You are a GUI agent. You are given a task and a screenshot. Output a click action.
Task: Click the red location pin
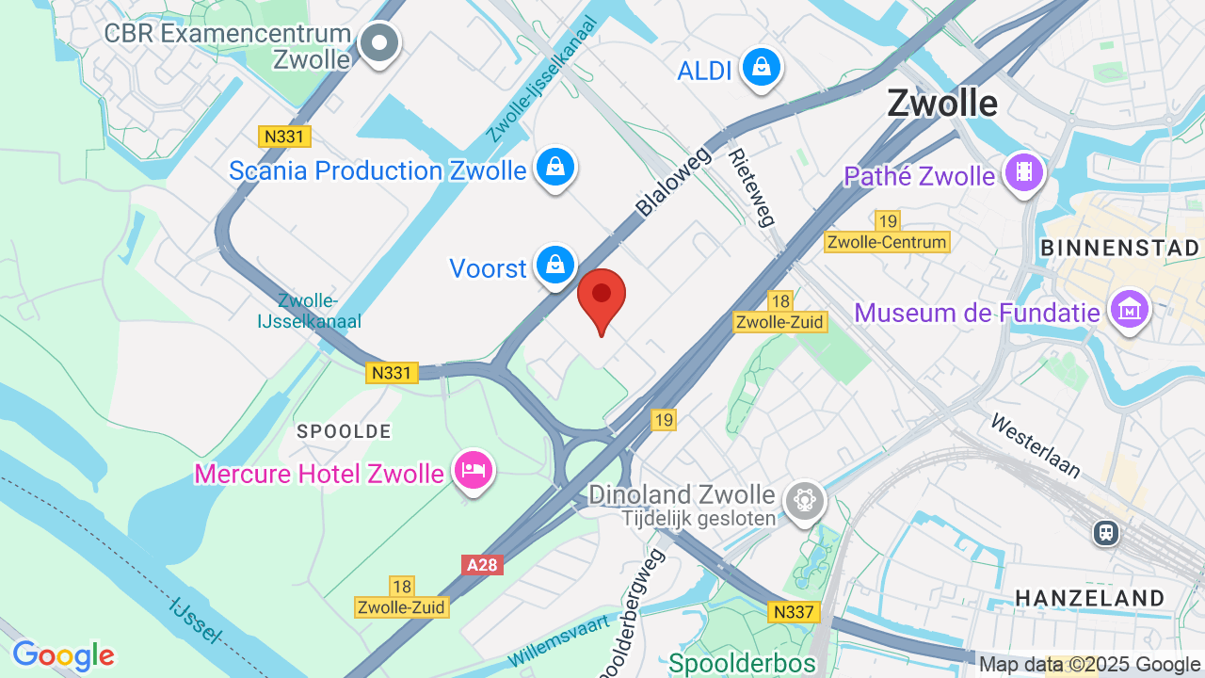tap(602, 295)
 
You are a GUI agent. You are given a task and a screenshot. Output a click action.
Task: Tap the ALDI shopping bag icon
tap(761, 67)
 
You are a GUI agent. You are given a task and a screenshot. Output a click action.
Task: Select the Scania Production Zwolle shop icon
tap(555, 168)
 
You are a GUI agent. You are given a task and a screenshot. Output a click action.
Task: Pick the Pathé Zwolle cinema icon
tap(1023, 172)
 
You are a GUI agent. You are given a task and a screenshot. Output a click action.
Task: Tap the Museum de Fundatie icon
tap(1128, 309)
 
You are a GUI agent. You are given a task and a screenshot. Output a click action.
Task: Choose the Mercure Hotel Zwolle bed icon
tap(473, 468)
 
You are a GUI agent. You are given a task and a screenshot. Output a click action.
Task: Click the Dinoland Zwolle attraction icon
tap(805, 499)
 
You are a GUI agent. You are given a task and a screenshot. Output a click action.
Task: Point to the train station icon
tap(1105, 533)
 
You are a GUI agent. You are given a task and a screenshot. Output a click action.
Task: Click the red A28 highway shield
tap(483, 565)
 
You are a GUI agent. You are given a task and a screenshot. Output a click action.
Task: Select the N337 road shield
tap(793, 612)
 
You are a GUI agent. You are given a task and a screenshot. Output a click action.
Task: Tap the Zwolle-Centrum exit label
tap(887, 242)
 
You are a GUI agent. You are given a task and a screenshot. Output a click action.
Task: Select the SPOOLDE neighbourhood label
tap(344, 431)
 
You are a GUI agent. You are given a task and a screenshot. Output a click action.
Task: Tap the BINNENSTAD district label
tap(1119, 249)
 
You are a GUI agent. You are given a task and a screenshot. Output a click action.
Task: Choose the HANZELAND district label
tap(1089, 597)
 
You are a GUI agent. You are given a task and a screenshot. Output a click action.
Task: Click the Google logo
tap(63, 655)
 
